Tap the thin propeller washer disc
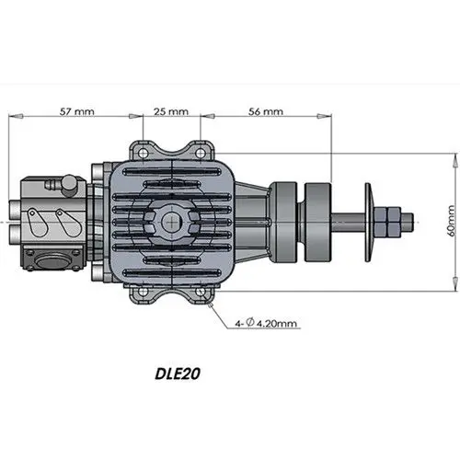tap(369, 219)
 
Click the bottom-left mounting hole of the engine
tap(141, 293)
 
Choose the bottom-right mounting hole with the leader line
tap(201, 293)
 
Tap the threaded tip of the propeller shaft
tap(410, 219)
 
